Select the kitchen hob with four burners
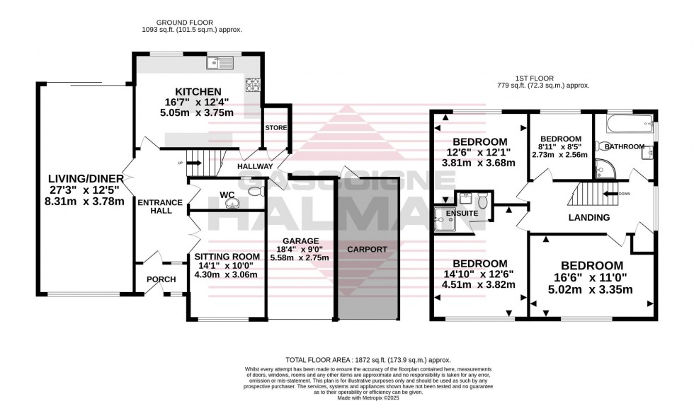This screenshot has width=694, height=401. click(x=253, y=85)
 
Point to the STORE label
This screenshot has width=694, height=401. click(x=275, y=128)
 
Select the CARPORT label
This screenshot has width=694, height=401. click(x=367, y=250)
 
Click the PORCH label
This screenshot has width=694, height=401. click(x=161, y=279)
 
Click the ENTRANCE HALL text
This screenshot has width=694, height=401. click(x=159, y=207)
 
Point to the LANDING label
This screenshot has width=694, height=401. click(x=589, y=218)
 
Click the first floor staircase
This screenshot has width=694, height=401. click(x=585, y=193)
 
